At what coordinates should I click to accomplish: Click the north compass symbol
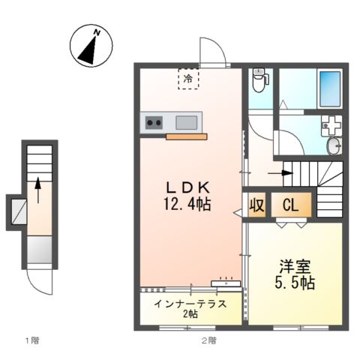[91, 46]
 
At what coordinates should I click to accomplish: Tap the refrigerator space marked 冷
[188, 79]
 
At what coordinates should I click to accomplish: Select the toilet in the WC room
[260, 80]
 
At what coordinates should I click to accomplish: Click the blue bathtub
[330, 89]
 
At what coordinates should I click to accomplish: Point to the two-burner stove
[154, 122]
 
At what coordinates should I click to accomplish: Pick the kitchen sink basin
[186, 122]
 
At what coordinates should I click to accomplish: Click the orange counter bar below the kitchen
[187, 136]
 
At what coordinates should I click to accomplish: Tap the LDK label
[187, 187]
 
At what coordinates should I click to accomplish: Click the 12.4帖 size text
[187, 204]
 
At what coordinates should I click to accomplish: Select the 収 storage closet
[256, 205]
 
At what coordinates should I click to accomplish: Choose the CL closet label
[291, 205]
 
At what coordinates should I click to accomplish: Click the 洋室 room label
[295, 266]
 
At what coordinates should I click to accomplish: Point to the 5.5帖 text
[295, 283]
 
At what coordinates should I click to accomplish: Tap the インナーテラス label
[190, 304]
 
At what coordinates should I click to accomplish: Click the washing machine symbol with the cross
[331, 126]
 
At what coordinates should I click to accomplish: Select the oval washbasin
[334, 146]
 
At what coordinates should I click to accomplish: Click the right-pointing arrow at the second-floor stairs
[280, 172]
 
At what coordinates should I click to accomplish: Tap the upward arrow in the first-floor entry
[38, 190]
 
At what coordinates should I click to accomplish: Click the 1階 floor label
[32, 340]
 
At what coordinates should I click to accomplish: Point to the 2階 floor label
[209, 340]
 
